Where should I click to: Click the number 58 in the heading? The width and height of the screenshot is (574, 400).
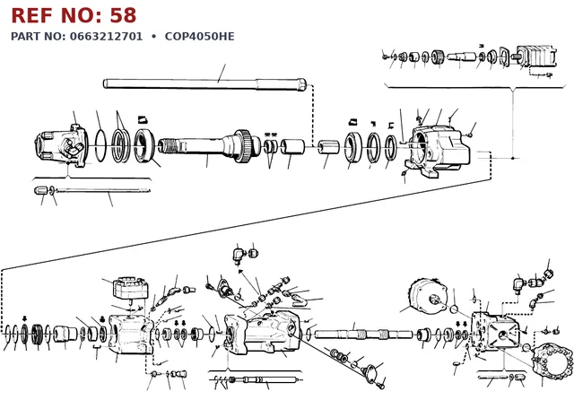(x=123, y=15)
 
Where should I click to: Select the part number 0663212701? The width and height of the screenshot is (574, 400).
(x=106, y=36)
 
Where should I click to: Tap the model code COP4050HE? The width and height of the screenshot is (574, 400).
(x=199, y=36)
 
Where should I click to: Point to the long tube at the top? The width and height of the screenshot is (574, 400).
(x=204, y=83)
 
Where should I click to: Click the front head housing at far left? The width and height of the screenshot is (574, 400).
(x=61, y=145)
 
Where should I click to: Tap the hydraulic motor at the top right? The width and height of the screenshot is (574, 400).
(x=535, y=57)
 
